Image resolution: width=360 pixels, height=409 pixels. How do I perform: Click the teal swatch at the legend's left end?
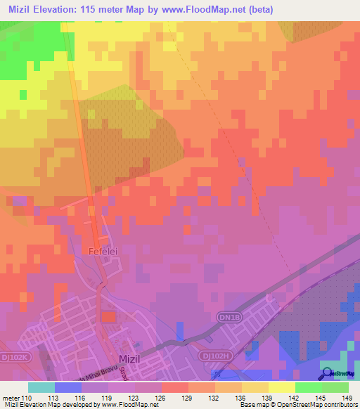click(41, 387)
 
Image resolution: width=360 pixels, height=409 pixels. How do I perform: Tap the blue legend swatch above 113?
click(67, 387)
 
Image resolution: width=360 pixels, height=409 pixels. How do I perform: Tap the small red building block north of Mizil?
click(108, 317)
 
